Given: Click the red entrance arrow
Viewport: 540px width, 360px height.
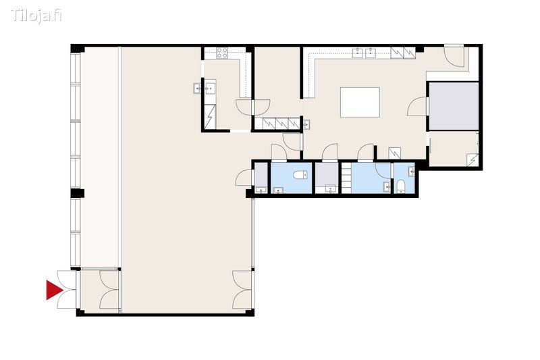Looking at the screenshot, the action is (x=53, y=290).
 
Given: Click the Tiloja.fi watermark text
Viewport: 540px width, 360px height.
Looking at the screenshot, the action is (x=36, y=16).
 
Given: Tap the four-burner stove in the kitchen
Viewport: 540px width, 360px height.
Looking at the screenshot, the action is (x=222, y=53).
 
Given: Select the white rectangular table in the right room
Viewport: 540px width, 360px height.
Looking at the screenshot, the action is (x=360, y=102).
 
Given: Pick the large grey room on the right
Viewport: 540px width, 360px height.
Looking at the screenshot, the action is (x=454, y=106).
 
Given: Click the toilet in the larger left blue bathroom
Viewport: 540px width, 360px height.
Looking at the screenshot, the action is (x=300, y=176).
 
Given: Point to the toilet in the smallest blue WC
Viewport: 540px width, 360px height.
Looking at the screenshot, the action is (x=400, y=186).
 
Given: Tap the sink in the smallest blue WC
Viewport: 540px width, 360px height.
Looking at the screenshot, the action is (x=411, y=172).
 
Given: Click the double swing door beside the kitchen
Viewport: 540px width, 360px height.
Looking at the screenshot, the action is (x=252, y=107).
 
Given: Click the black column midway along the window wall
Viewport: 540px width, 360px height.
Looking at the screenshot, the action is (x=78, y=193).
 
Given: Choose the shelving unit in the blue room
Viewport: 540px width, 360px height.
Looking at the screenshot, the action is (x=346, y=178).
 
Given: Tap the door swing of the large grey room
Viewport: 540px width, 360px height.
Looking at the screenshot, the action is (x=417, y=107).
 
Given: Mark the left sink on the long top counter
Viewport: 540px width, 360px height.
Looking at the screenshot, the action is (x=358, y=53).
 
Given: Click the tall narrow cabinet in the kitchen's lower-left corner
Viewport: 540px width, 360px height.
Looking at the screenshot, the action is (x=210, y=117).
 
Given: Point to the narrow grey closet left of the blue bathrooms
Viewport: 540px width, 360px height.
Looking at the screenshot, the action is (x=261, y=178).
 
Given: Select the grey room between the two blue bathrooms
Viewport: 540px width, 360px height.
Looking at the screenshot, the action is (x=327, y=178).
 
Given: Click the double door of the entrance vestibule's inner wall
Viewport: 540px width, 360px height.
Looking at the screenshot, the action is (x=110, y=289).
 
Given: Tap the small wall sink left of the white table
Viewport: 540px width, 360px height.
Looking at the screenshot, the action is (x=307, y=124).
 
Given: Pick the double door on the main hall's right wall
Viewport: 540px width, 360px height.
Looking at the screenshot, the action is (x=243, y=289).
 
